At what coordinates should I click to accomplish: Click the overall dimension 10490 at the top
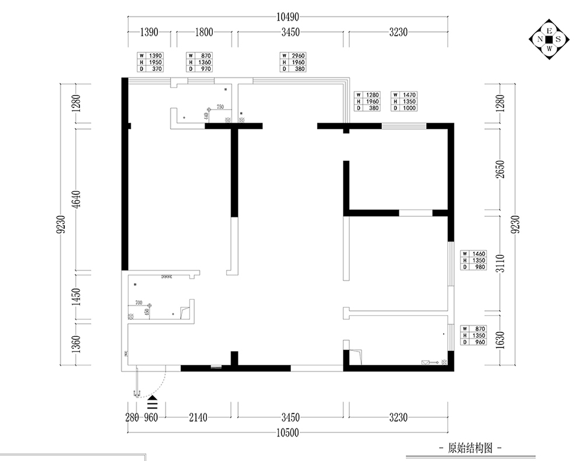[290, 17]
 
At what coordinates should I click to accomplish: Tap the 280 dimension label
[132, 417]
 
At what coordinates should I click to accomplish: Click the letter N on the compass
[540, 40]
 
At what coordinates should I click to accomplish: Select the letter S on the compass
[559, 40]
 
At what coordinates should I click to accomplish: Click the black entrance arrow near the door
[153, 402]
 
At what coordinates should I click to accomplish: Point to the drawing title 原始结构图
[470, 448]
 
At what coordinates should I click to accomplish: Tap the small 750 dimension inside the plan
[220, 107]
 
